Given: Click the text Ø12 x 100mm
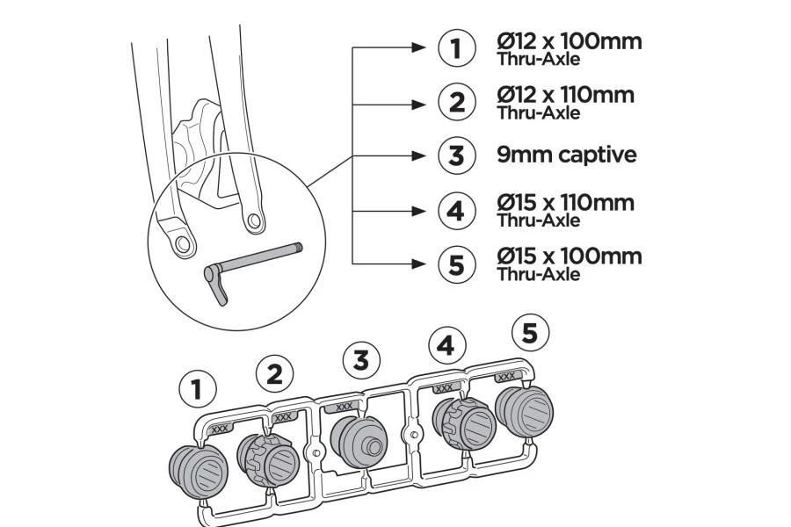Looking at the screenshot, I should pos(569,42).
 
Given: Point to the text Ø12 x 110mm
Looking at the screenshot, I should pos(565,95).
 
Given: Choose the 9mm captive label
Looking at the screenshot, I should pos(566,155).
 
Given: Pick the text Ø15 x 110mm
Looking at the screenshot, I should pos(565,203).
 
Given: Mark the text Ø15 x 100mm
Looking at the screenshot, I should pos(569,256).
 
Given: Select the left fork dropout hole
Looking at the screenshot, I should pos(184,243).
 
